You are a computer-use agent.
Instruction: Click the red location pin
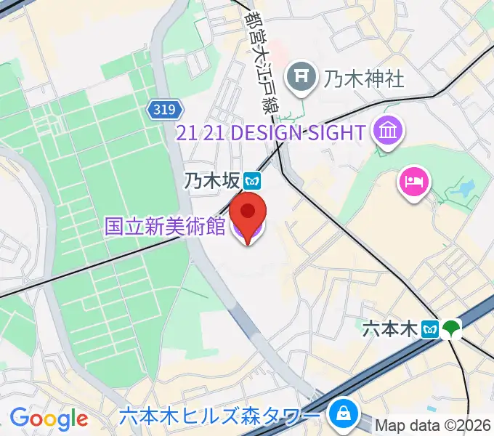[x=248, y=213]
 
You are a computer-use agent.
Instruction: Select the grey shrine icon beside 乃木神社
[x=300, y=76]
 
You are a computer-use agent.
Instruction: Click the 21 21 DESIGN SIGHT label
[x=271, y=133]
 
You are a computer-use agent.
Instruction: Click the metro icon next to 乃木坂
[x=252, y=179]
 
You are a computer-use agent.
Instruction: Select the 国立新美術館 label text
[x=165, y=226]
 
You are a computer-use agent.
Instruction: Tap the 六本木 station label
[x=390, y=329]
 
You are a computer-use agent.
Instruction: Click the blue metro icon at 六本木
[x=430, y=329]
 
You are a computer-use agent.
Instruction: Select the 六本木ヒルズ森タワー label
[x=219, y=416]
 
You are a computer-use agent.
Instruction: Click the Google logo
[x=49, y=418]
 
